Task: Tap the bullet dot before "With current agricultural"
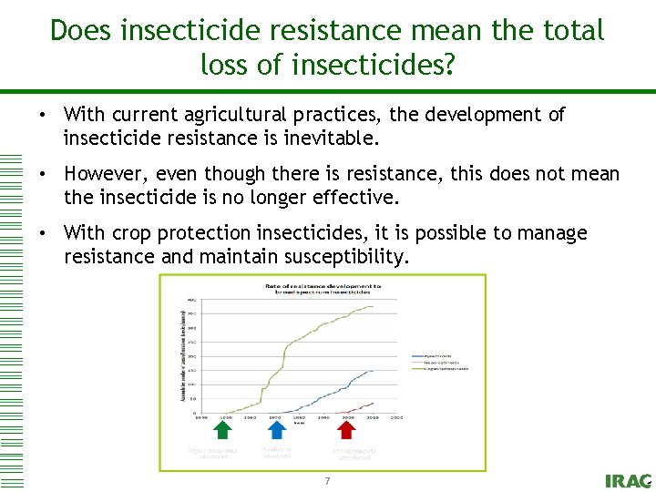coord(43,116)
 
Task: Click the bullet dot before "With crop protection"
coord(43,234)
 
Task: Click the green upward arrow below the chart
coord(222,430)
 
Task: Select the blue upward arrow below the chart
coord(276,430)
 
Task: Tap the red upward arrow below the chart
coord(347,430)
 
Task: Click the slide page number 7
coord(327,480)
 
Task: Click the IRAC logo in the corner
coord(628,480)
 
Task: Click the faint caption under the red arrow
coord(354,452)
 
